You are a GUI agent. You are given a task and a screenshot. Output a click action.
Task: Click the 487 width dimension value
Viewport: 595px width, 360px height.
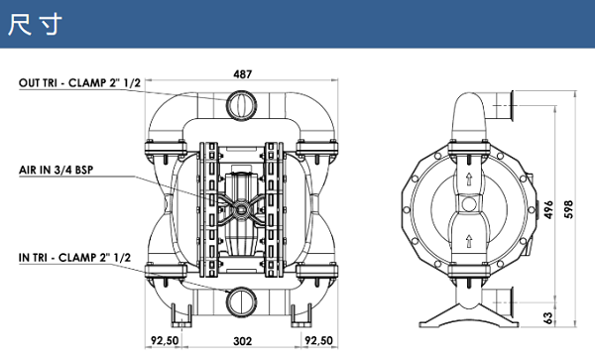click(242, 74)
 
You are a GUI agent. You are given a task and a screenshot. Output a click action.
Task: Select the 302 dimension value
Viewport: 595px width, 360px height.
click(243, 341)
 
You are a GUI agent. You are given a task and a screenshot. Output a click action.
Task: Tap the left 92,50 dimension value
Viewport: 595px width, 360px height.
click(165, 340)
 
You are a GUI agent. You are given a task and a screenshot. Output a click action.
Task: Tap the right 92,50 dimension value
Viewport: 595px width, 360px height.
click(318, 340)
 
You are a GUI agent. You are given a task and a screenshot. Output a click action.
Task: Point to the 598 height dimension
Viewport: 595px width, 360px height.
click(568, 209)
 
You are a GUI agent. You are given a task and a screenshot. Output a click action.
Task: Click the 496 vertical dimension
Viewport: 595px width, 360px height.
click(548, 210)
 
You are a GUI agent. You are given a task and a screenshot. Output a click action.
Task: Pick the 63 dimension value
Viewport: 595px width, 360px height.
click(548, 318)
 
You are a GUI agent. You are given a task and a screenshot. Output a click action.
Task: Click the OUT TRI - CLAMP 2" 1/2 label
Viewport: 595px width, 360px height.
click(79, 82)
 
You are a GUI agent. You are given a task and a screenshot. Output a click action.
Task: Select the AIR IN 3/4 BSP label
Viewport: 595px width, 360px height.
click(57, 170)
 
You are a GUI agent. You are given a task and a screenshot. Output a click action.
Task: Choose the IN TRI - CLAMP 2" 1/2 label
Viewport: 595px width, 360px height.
click(74, 257)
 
